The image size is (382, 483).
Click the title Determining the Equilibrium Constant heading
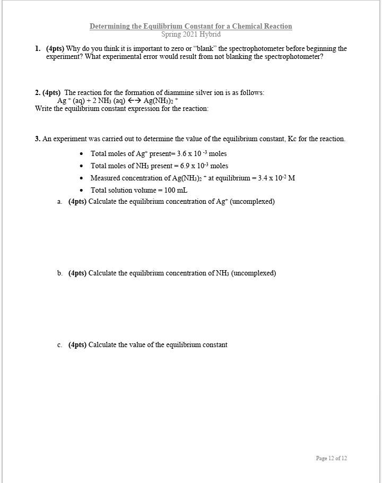pyautogui.click(x=190, y=26)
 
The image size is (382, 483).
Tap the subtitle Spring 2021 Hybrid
pyautogui.click(x=190, y=34)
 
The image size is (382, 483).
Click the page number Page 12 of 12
pyautogui.click(x=331, y=458)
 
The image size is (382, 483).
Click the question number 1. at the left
pyautogui.click(x=38, y=48)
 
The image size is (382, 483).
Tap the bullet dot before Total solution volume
pyautogui.click(x=81, y=190)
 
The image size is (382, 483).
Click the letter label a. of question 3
pyautogui.click(x=60, y=202)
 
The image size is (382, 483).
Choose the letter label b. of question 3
pyautogui.click(x=60, y=273)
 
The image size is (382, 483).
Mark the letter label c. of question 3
pyautogui.click(x=60, y=345)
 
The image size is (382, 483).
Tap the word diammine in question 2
pyautogui.click(x=183, y=93)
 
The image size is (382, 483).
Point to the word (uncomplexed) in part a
pyautogui.click(x=252, y=202)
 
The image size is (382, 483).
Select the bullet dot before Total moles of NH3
pyautogui.click(x=81, y=166)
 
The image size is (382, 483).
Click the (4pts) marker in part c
pyautogui.click(x=77, y=345)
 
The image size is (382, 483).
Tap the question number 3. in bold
pyautogui.click(x=38, y=139)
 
